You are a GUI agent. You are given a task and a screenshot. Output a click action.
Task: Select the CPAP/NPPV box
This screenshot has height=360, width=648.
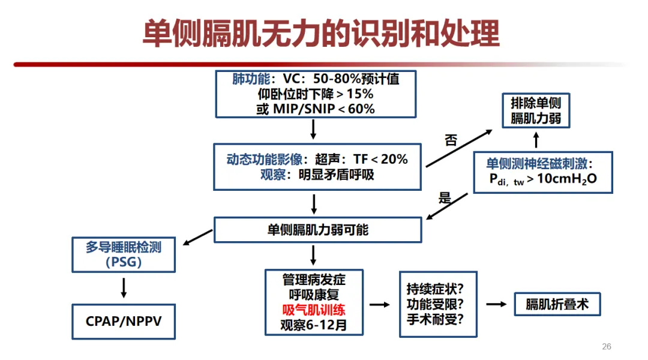coord(124,321)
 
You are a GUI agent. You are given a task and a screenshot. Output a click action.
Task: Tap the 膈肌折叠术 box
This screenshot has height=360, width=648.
coord(557,304)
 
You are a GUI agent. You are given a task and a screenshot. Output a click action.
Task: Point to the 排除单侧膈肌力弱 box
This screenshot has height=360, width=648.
coord(536,110)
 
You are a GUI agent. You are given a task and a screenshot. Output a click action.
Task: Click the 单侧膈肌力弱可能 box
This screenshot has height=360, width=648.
coord(317,230)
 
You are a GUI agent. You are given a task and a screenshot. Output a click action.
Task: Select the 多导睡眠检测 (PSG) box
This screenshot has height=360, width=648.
coord(124,254)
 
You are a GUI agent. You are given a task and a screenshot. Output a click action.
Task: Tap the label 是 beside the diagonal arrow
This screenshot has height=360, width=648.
coord(445,198)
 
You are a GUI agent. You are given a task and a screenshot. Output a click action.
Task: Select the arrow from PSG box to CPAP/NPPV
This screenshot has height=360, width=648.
coord(124,287)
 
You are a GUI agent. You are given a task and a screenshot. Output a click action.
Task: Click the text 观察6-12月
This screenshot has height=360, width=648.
coord(314,325)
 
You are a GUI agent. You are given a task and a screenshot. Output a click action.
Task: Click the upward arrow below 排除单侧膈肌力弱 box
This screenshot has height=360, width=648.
coord(536,140)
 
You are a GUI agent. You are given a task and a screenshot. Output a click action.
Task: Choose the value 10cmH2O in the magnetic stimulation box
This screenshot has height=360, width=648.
coord(567,179)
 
